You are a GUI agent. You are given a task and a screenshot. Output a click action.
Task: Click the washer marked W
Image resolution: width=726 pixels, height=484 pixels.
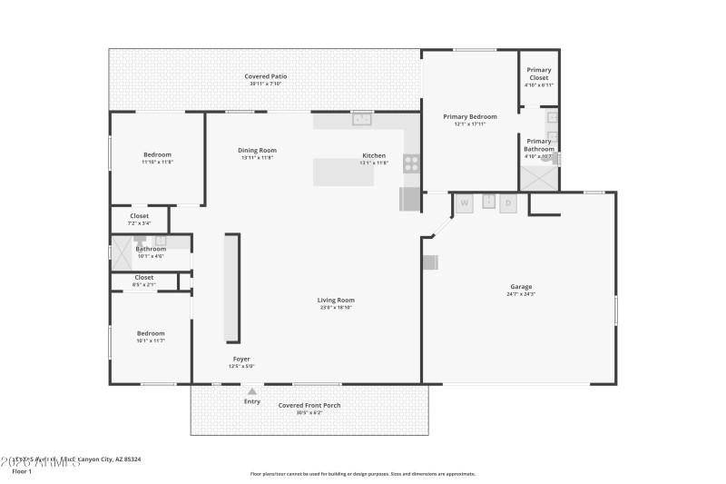[465, 203]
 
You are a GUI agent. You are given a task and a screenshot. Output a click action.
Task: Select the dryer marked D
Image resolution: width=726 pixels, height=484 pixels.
[508, 203]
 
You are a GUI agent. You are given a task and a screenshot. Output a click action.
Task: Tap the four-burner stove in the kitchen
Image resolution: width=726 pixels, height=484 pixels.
[411, 163]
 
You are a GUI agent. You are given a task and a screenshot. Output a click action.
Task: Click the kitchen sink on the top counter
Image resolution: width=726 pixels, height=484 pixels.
[363, 118]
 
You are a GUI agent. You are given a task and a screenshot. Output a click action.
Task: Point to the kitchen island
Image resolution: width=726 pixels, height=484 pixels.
[344, 172]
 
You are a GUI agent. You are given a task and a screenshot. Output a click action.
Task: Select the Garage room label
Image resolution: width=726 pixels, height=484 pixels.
[520, 287]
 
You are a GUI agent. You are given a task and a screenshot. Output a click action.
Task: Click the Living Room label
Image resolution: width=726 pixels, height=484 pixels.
[335, 300]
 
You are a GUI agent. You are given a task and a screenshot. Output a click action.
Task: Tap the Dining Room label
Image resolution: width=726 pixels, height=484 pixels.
[257, 150]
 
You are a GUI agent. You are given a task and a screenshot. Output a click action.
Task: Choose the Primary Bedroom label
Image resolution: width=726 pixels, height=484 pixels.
[469, 116]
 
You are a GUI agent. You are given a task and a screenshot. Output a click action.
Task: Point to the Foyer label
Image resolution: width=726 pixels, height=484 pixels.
[240, 359]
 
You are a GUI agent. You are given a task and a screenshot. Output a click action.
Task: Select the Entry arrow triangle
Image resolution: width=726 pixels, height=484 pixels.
[252, 391]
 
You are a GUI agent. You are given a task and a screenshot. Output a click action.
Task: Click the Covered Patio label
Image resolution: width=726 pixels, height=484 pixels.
[266, 76]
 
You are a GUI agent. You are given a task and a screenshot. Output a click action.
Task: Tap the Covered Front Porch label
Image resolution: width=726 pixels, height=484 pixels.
[309, 405]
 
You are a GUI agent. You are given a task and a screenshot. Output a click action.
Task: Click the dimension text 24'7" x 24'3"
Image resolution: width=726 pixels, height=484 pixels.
[520, 294]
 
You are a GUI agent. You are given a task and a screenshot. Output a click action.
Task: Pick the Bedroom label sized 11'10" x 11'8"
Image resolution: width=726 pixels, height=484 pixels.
[156, 154]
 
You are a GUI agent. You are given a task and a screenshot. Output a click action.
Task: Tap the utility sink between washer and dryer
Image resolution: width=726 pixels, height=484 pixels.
[487, 202]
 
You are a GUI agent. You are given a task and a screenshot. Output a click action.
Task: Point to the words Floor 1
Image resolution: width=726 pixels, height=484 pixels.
[22, 471]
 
